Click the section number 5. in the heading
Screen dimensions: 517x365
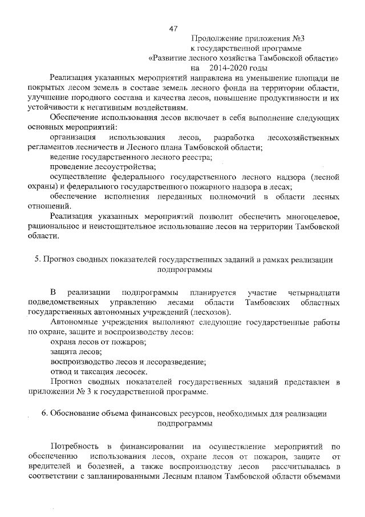[x=37, y=259]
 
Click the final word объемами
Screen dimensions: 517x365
[x=323, y=476]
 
